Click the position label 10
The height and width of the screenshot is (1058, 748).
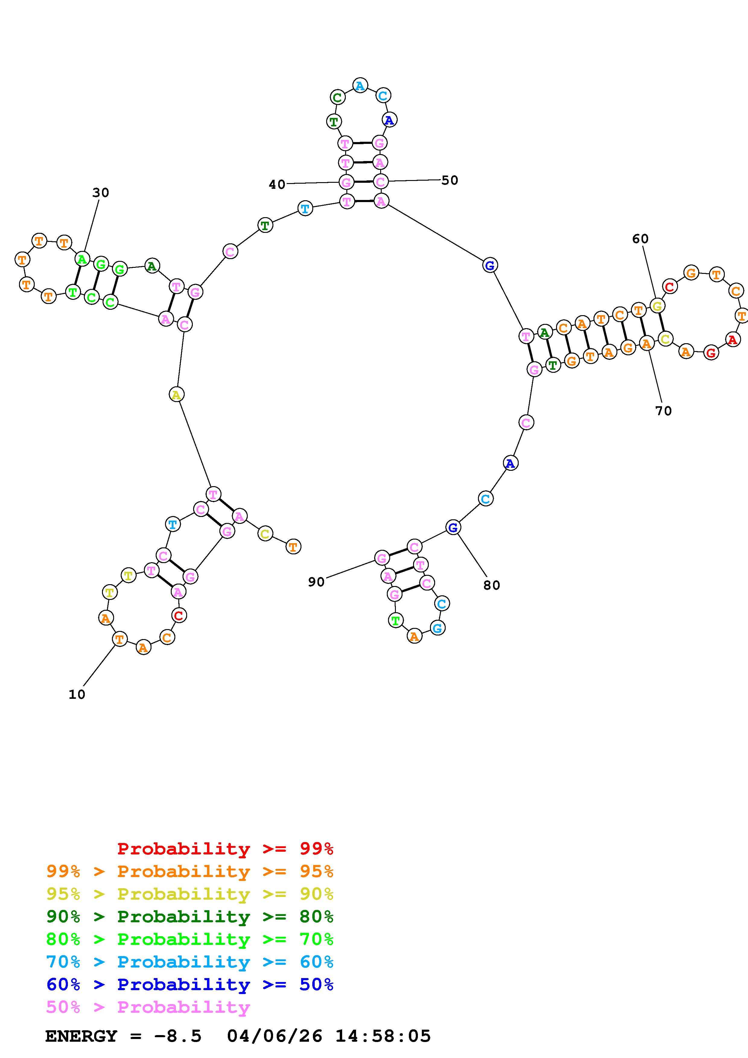[x=77, y=695]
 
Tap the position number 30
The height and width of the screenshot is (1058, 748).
[x=100, y=193]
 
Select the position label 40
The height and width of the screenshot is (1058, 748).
[x=277, y=185]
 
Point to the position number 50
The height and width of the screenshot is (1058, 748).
[x=450, y=180]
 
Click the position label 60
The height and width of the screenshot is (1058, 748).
[x=640, y=239]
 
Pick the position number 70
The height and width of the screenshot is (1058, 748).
[x=663, y=410]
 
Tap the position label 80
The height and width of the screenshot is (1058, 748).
[x=492, y=585]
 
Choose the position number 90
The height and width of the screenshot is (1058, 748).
[x=316, y=582]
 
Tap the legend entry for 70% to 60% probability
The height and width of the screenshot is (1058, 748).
[x=190, y=962]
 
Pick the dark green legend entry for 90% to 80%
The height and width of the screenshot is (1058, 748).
[x=190, y=917]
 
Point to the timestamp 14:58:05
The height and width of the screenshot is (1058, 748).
[x=383, y=1036]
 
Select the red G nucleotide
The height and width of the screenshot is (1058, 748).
[x=711, y=353]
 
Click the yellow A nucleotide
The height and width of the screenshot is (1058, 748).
[x=176, y=394]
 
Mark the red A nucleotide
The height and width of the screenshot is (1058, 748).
[x=732, y=340]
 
